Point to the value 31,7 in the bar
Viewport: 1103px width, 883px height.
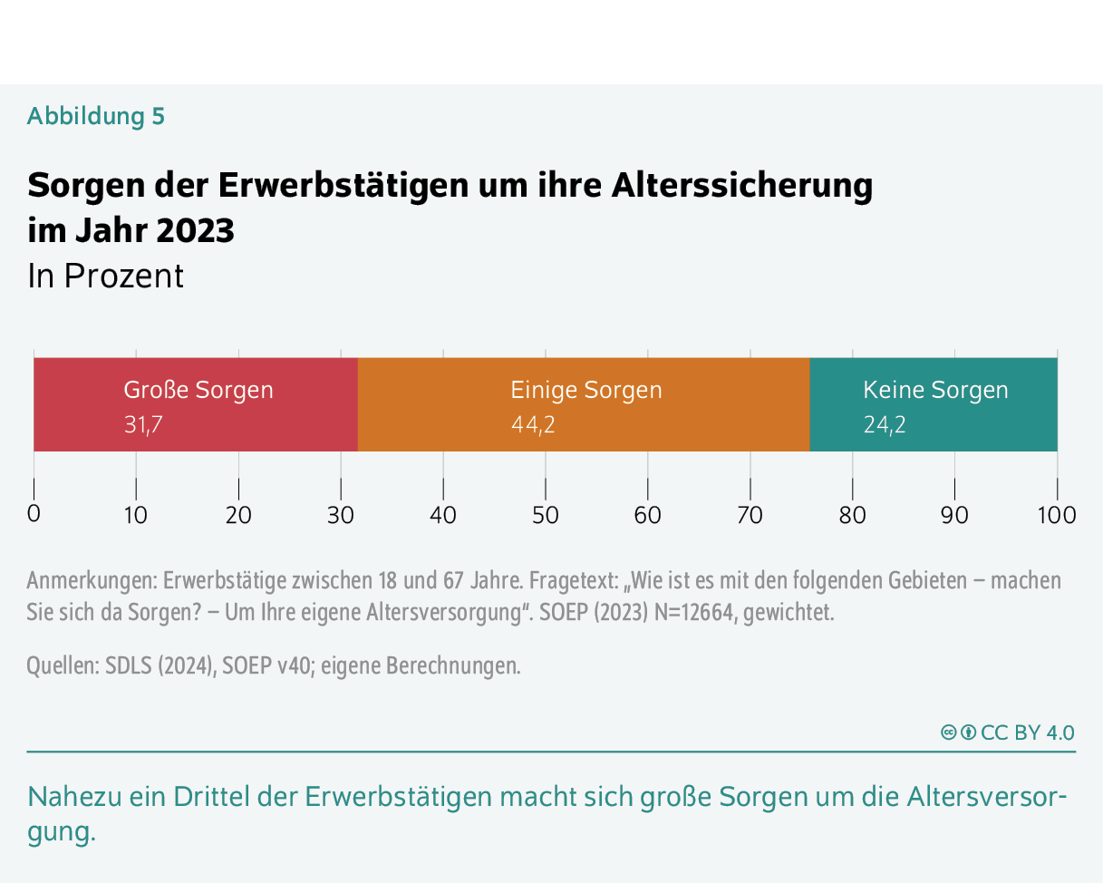tap(143, 424)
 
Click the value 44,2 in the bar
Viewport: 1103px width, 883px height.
tap(533, 424)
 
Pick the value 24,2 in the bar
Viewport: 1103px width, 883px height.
tap(885, 424)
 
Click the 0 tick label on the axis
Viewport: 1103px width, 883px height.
tap(34, 514)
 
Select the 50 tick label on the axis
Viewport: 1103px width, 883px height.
tap(546, 515)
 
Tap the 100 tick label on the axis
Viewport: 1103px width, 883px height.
tap(1057, 515)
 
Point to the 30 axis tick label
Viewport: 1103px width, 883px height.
tap(341, 515)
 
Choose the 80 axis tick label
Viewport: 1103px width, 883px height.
tap(852, 515)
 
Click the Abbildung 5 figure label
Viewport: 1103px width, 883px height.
tap(96, 116)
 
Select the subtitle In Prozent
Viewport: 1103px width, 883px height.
tap(105, 276)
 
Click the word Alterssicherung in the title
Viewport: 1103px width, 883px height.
tap(742, 186)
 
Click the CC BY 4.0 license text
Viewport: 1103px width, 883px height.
tap(1028, 733)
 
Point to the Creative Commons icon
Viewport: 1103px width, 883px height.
tap(949, 733)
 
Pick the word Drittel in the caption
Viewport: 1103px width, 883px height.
tap(209, 797)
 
